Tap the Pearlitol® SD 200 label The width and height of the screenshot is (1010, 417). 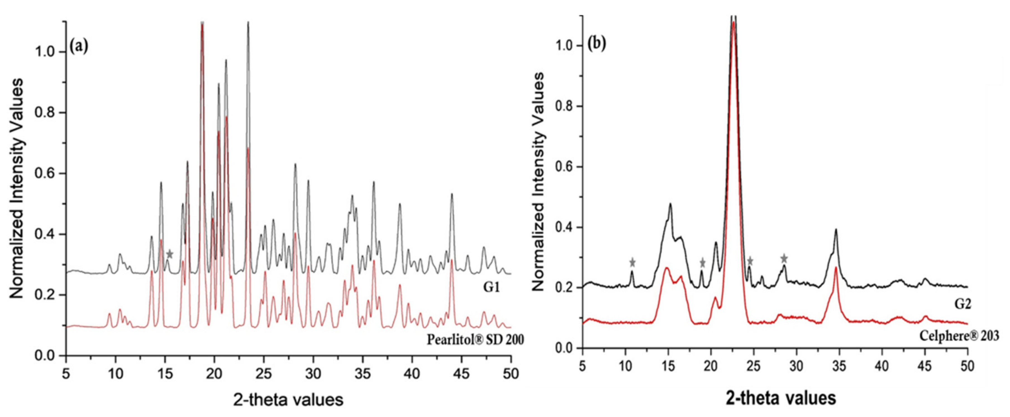click(475, 339)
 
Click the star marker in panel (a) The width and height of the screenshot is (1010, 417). click(169, 254)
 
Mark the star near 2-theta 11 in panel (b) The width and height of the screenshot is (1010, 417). click(632, 262)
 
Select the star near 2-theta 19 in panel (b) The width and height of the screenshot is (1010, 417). click(702, 262)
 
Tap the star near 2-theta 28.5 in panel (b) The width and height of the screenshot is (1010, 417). click(784, 258)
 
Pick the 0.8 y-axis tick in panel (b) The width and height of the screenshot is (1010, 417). click(563, 106)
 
